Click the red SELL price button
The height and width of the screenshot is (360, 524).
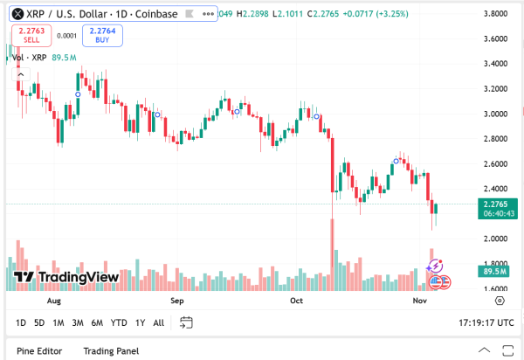tap(31, 35)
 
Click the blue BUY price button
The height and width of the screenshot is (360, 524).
tap(103, 35)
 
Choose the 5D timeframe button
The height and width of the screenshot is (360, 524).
tap(39, 323)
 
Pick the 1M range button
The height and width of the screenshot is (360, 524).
tap(59, 323)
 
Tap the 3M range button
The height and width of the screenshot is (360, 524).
tap(78, 323)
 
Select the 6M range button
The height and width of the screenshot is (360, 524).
tap(97, 323)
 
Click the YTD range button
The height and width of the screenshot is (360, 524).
tap(119, 323)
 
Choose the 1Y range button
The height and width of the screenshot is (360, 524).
tap(140, 323)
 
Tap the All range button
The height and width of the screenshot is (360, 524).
tap(158, 323)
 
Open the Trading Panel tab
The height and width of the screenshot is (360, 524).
tap(111, 351)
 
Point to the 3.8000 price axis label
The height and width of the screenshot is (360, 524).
tap(495, 14)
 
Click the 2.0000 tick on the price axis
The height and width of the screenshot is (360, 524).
tap(495, 239)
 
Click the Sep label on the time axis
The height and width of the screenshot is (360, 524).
tap(177, 301)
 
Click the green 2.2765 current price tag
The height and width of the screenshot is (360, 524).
tap(494, 208)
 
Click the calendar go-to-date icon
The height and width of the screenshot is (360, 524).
tap(185, 323)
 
